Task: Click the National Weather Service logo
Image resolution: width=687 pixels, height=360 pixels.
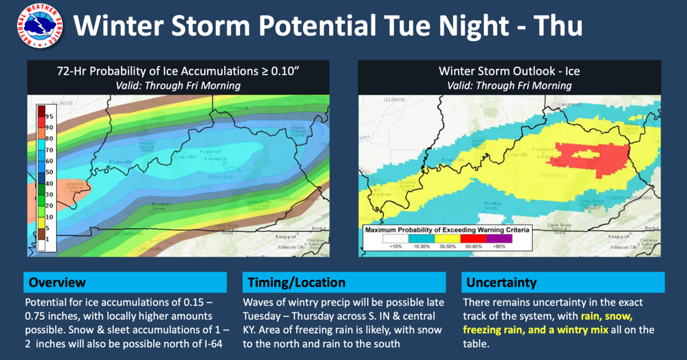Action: [x=33, y=27]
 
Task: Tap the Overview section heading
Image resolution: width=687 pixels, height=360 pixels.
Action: [x=57, y=282]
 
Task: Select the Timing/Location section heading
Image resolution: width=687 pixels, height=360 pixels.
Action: [x=296, y=282]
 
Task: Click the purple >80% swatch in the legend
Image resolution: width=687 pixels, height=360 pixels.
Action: [x=498, y=238]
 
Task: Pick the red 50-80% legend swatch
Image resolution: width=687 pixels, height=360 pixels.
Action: [x=472, y=238]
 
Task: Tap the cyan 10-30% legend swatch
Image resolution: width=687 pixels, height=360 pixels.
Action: [x=421, y=238]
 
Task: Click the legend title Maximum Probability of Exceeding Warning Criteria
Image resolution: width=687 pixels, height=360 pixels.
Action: [x=447, y=230]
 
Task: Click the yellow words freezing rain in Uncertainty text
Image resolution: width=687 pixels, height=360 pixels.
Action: [x=498, y=330]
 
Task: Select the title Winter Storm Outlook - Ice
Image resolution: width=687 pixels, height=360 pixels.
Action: [x=509, y=71]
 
